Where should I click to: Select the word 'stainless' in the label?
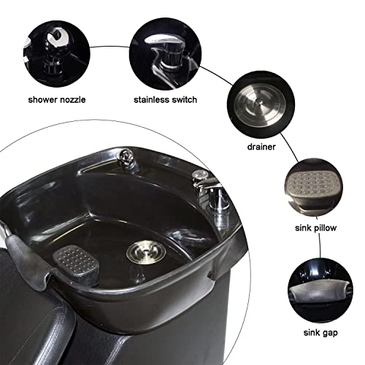[x=151, y=99]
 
